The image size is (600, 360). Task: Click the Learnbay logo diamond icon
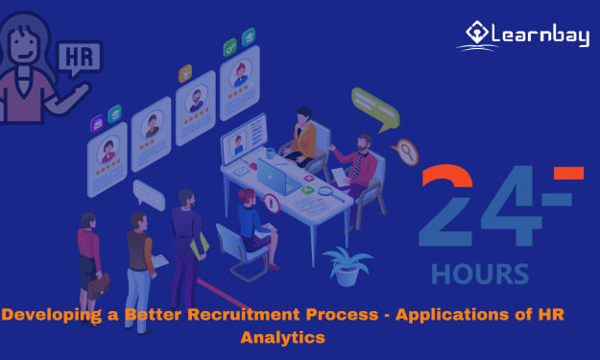476,32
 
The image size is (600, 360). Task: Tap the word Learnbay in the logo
540,36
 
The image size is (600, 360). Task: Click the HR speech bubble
80,59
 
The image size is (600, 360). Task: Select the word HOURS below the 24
480,274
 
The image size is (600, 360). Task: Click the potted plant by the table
348,267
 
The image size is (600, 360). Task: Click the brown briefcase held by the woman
98,286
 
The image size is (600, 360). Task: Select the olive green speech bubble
375,108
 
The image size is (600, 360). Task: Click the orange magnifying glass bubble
406,152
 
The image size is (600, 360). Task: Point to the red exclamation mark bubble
271,204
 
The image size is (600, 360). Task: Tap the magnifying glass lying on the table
330,194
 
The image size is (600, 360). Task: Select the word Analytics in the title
283,338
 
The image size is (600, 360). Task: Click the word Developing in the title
52,315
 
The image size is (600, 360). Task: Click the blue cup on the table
270,153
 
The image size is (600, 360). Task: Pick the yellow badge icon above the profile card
185,74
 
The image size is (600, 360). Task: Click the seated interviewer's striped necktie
357,166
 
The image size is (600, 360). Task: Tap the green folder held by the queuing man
200,246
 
